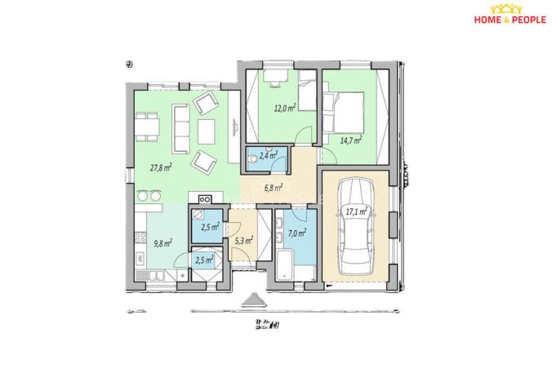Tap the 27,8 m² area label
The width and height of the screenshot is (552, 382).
[x=159, y=167]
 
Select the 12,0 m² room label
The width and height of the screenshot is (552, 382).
[x=284, y=108]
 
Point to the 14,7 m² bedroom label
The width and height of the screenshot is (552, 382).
[x=351, y=140]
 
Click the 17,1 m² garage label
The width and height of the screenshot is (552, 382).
[x=356, y=211]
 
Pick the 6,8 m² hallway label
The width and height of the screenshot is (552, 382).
[x=274, y=187]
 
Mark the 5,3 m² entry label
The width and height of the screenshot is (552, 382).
[x=243, y=240]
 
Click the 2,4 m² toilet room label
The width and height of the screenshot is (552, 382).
[x=268, y=154]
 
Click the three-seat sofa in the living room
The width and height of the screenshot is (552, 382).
[x=180, y=127]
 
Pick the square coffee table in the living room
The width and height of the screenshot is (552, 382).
[x=207, y=129]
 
